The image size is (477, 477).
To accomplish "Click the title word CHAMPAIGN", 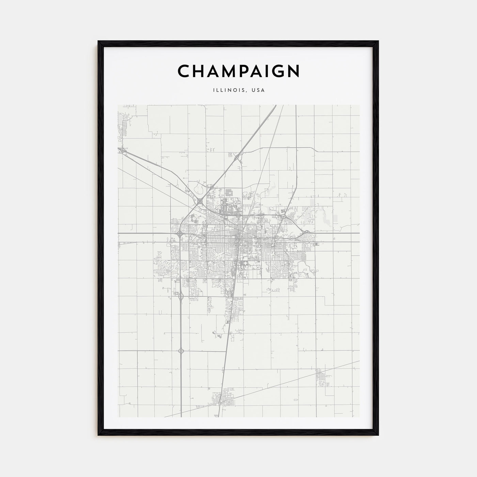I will [x=238, y=71].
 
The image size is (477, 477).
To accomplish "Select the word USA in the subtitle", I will [x=259, y=90].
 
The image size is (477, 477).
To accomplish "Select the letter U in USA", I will [x=254, y=90].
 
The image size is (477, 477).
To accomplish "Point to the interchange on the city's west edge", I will [x=180, y=233].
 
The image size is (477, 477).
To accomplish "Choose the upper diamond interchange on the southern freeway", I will [x=180, y=296].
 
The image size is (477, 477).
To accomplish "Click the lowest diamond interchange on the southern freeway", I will [x=181, y=351].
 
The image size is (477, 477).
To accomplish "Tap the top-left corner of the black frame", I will [x=99, y=42].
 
